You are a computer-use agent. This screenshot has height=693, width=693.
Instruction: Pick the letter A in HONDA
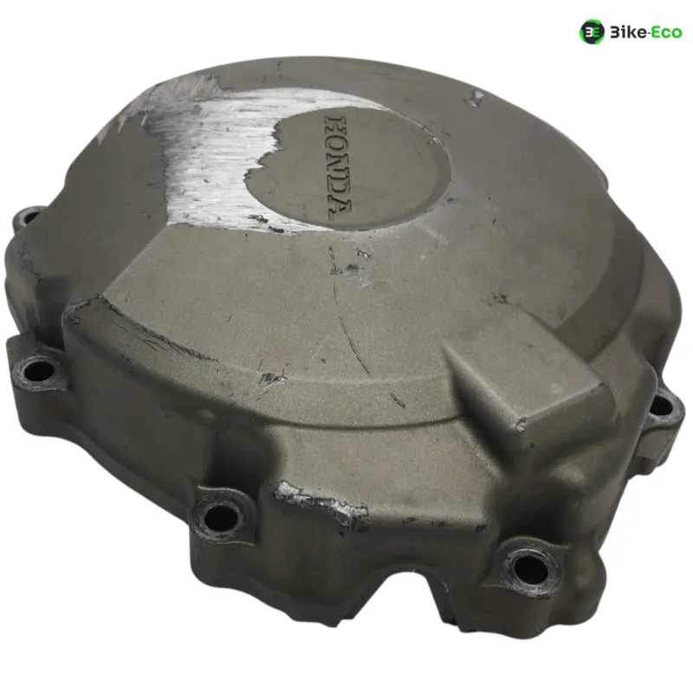340,208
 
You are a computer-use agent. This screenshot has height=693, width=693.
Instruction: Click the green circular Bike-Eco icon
592,32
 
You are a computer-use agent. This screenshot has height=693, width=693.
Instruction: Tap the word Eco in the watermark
666,32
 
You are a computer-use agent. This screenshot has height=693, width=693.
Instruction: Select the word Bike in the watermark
628,32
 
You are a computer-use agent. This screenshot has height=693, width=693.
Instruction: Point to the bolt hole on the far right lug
662,406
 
